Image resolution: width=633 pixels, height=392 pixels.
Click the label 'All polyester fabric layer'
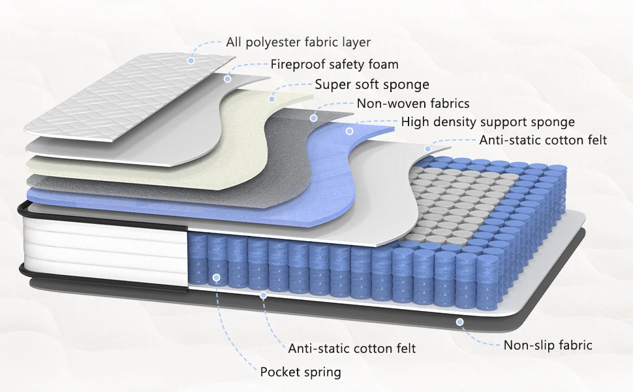[298, 42]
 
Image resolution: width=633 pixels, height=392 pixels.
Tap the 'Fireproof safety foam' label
[334, 64]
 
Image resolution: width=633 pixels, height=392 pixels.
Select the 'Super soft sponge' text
[372, 84]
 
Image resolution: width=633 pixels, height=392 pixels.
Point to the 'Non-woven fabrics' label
[412, 103]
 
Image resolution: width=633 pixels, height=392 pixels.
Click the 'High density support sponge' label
[487, 122]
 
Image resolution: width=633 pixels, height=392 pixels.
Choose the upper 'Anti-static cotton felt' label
[543, 140]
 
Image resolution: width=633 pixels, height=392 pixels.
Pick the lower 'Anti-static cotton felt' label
[352, 348]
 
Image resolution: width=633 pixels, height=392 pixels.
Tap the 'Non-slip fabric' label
[548, 344]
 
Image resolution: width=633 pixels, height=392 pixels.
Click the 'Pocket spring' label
[300, 372]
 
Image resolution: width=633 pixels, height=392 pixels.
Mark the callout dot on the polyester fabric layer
[191, 60]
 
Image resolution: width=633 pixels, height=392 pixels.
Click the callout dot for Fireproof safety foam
[227, 79]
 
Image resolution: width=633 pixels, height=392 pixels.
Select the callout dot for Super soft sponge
[272, 99]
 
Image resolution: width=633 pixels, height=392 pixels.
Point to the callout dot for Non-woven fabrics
[314, 118]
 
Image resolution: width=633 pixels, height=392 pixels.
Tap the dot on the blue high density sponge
[349, 131]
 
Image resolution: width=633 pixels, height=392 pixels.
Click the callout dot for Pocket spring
[217, 277]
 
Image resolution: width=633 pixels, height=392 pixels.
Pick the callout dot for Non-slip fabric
[460, 321]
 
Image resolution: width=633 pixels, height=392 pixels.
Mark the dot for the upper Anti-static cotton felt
[429, 148]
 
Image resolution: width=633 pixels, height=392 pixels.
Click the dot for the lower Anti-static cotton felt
[264, 295]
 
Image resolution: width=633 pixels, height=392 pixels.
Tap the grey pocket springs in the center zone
[457, 196]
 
